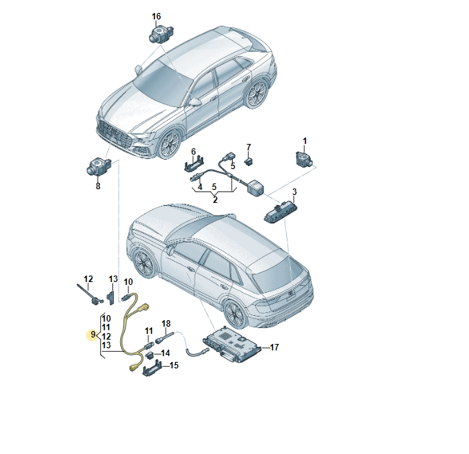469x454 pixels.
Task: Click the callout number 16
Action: point(156,17)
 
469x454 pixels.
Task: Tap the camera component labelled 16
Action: point(161,34)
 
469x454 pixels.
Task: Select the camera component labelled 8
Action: point(99,167)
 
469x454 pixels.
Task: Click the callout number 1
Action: point(305,141)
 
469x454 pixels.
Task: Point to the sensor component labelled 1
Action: point(303,158)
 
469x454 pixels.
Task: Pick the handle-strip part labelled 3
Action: point(278,211)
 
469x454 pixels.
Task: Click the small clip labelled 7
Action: point(249,162)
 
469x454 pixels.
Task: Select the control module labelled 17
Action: point(232,344)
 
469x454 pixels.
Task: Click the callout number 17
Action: point(274,347)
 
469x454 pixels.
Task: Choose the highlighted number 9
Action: point(93,335)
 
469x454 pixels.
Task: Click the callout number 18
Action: point(166,324)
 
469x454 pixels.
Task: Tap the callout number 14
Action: point(166,353)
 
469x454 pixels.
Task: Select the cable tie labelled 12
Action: point(89,294)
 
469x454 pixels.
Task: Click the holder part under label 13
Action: point(111,297)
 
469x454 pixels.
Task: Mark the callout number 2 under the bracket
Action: point(215,200)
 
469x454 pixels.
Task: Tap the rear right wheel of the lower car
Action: point(235,313)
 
